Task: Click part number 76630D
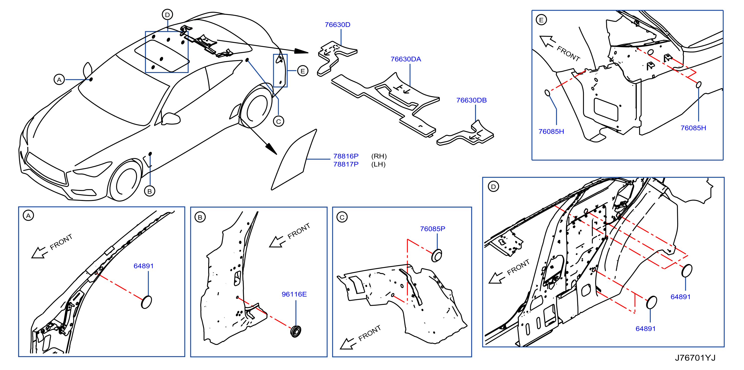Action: [x=337, y=25]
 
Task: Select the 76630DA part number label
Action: [x=406, y=59]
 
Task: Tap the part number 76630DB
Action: [x=471, y=100]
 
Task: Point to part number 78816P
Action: [x=346, y=156]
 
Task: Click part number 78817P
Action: [x=346, y=164]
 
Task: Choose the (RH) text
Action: [x=379, y=156]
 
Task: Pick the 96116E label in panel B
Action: [x=294, y=294]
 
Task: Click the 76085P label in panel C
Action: [x=432, y=229]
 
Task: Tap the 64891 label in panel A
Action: [x=144, y=266]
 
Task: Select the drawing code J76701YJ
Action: [x=695, y=358]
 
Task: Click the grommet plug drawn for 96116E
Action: [x=296, y=331]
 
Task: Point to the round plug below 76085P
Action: [x=436, y=255]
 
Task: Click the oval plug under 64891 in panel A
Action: [x=146, y=302]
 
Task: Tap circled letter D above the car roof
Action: [x=168, y=14]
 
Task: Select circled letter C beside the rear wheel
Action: [x=279, y=121]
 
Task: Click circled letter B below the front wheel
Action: [x=149, y=191]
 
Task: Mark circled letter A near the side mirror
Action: [x=59, y=80]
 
